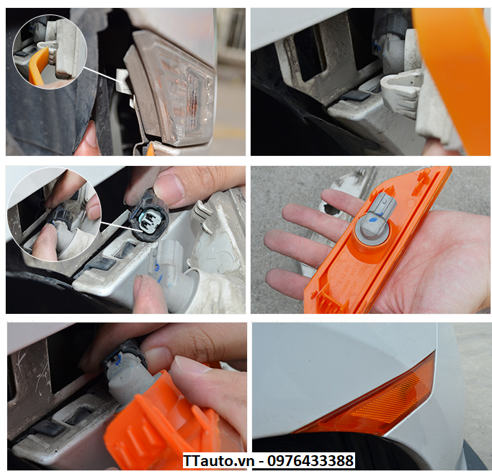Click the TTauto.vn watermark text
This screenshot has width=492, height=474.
click(x=218, y=461)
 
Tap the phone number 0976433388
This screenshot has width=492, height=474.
click(x=310, y=461)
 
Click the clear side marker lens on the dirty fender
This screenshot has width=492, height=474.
click(x=176, y=89)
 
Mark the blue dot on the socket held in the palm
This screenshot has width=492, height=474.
click(x=374, y=220)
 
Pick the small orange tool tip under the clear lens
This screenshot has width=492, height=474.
click(x=151, y=149)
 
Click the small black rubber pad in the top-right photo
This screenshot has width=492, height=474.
click(x=355, y=95)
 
